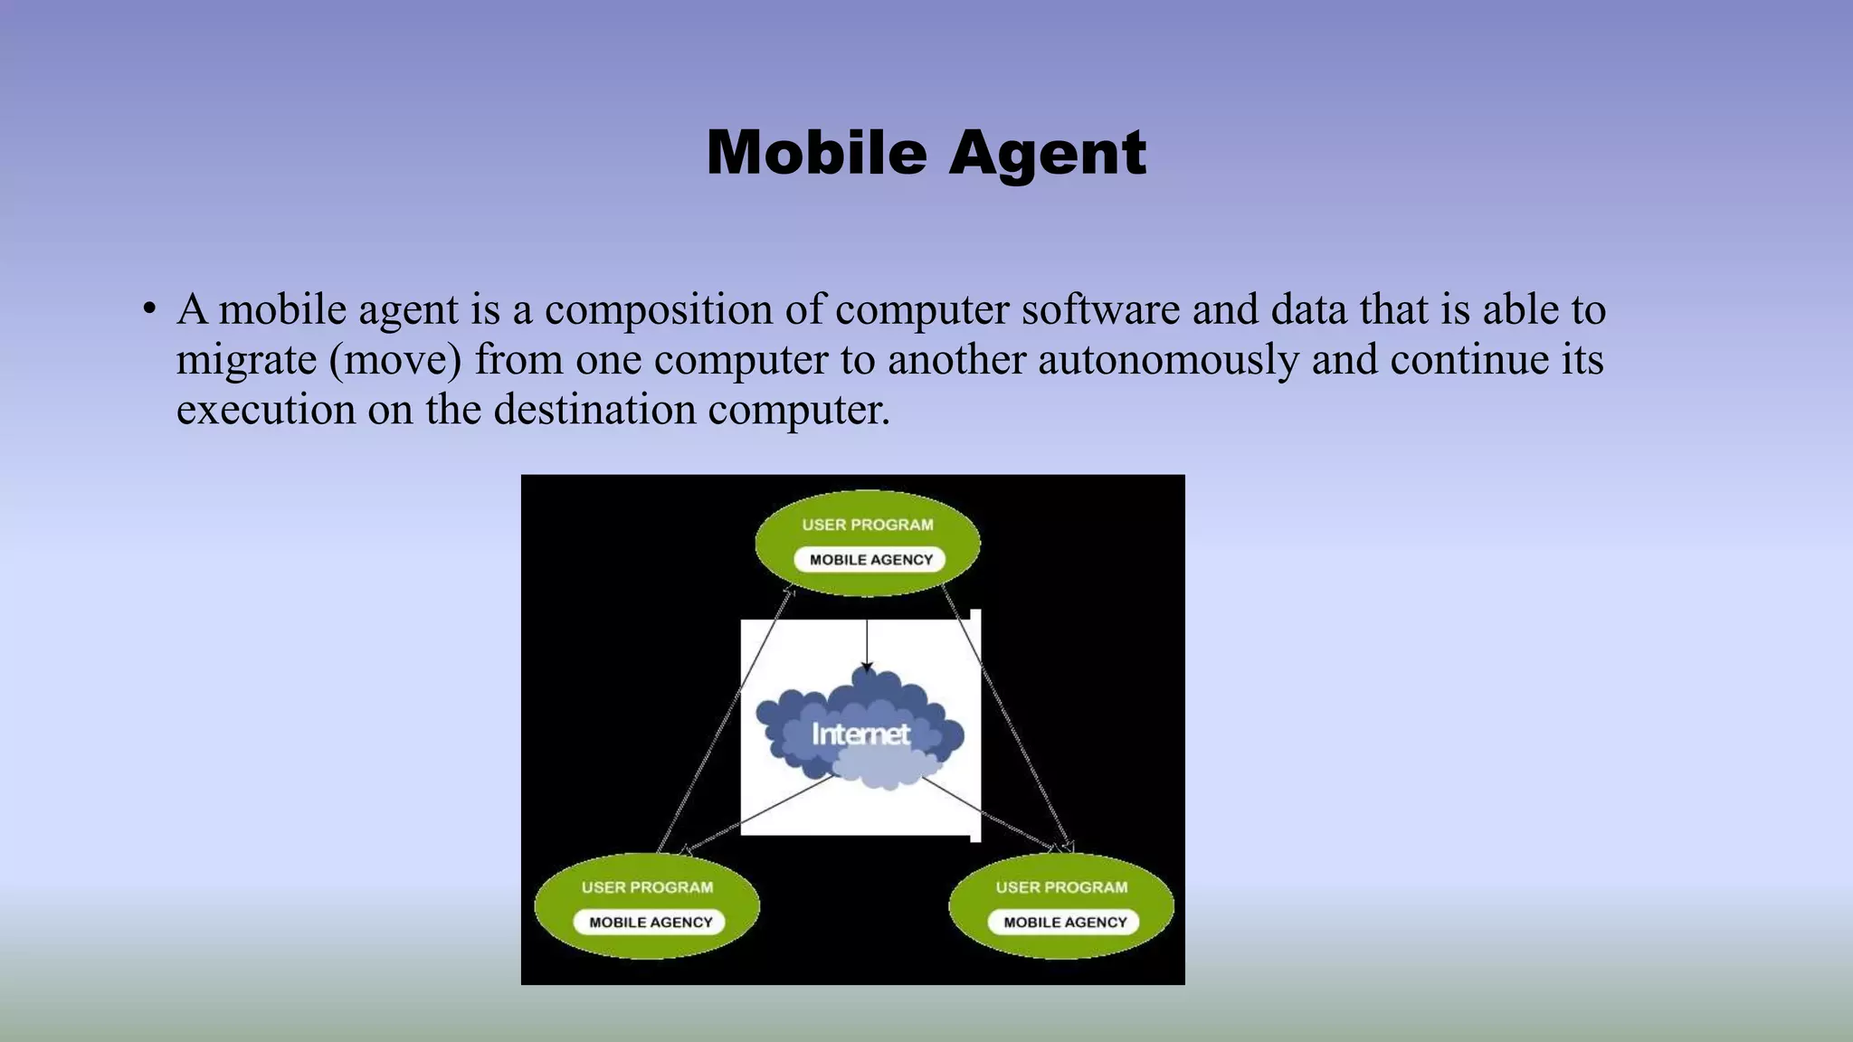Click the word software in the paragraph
[1100, 310]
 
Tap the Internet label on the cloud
[860, 734]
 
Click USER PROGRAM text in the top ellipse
[867, 525]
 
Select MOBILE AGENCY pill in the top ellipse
[870, 560]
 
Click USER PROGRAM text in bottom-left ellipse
[647, 887]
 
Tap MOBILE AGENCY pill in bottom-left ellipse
[651, 923]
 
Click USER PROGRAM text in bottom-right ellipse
[1061, 887]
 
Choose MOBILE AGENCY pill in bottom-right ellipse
[1065, 923]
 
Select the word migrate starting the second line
[246, 360]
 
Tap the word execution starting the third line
[265, 409]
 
